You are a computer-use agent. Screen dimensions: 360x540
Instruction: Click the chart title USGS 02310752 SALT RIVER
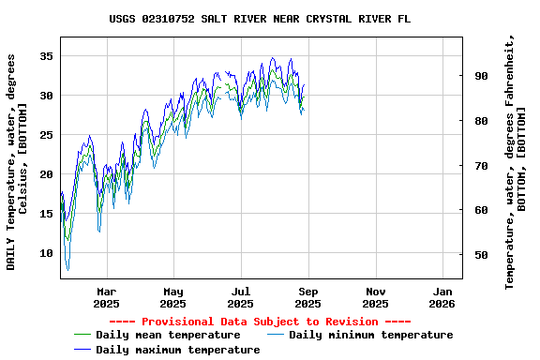coord(260,19)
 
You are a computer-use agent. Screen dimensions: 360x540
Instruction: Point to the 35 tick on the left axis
coord(45,56)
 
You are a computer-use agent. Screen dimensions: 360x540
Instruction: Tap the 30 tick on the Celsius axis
coord(45,96)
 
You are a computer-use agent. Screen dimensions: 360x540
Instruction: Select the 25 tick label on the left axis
coord(45,135)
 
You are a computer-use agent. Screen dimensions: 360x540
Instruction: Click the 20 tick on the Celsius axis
coord(45,174)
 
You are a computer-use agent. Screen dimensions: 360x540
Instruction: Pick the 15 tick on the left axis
coord(45,214)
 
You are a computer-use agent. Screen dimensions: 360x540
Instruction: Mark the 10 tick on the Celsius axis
coord(45,253)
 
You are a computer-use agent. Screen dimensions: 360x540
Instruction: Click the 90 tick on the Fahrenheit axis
coord(480,76)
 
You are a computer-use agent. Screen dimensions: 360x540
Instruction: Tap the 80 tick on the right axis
coord(480,121)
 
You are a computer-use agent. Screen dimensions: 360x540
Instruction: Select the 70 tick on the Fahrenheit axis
coord(480,166)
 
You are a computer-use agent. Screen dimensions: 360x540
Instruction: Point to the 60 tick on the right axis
coord(480,210)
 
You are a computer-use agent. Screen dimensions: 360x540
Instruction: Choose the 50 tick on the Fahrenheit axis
coord(480,255)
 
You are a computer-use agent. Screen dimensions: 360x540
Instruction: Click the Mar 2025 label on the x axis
coord(106,297)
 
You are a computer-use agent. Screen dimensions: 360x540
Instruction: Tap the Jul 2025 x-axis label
coord(241,297)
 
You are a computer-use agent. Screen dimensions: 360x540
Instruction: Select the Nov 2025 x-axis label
coord(375,297)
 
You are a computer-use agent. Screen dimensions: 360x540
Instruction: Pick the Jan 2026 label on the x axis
coord(442,297)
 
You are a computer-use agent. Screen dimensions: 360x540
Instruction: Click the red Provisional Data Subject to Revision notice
coord(260,322)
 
